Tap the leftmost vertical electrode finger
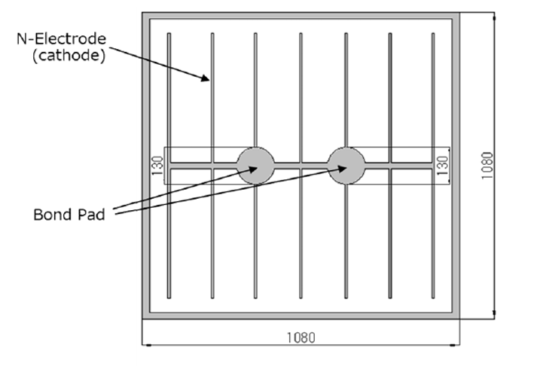169,90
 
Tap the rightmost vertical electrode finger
435,90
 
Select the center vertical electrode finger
300,90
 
